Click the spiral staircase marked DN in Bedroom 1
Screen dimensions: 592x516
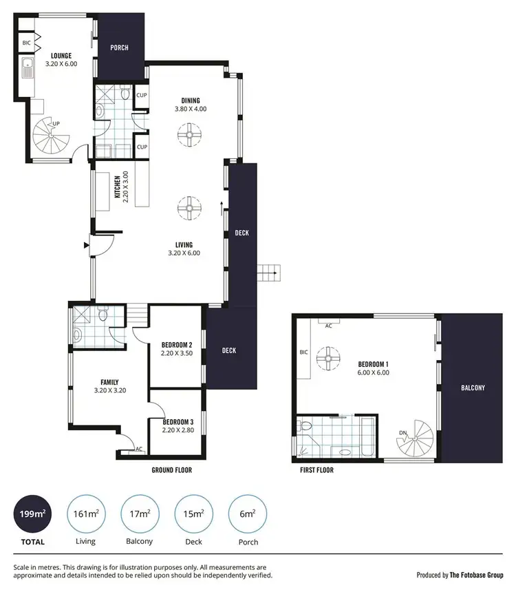click(x=417, y=436)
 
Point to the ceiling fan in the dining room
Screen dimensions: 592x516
click(x=187, y=135)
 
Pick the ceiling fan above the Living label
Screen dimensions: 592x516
click(x=187, y=207)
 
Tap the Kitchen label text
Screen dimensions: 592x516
click(x=118, y=188)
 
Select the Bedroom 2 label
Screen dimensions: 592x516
click(x=176, y=344)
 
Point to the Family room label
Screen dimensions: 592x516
click(x=109, y=382)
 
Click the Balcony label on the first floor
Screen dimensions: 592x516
click(x=473, y=388)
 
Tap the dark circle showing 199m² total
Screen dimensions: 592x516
click(x=32, y=514)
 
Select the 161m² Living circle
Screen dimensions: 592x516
click(x=85, y=514)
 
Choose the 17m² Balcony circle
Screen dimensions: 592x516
click(x=139, y=514)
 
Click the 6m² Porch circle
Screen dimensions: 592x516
click(x=247, y=514)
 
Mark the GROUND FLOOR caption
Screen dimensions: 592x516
click(x=171, y=470)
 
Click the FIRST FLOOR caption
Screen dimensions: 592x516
click(x=316, y=470)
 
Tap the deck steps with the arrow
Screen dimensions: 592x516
click(x=268, y=273)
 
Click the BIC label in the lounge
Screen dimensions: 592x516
click(x=27, y=42)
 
